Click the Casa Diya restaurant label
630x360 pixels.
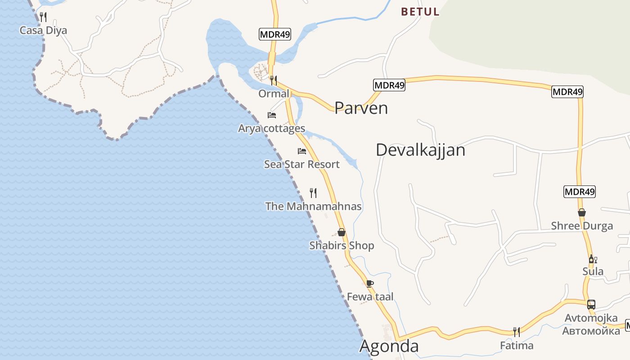pyautogui.click(x=43, y=31)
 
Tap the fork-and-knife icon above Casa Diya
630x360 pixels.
pyautogui.click(x=43, y=17)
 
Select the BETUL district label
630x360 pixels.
pyautogui.click(x=420, y=12)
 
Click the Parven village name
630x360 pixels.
pyautogui.click(x=361, y=108)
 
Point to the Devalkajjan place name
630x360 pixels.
pyautogui.click(x=420, y=150)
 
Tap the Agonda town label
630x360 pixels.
pyautogui.click(x=389, y=346)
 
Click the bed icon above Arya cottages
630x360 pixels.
pyautogui.click(x=272, y=115)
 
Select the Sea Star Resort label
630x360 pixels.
pyautogui.click(x=301, y=164)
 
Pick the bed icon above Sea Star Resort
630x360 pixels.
pyautogui.click(x=302, y=151)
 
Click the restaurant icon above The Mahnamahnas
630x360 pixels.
pyautogui.click(x=314, y=193)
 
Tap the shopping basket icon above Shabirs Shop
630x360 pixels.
pyautogui.click(x=342, y=232)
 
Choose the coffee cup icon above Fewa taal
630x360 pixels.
pyautogui.click(x=370, y=283)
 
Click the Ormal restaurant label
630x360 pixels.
pyautogui.click(x=274, y=94)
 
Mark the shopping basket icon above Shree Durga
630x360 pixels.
pyautogui.click(x=582, y=212)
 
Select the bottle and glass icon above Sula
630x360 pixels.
pyautogui.click(x=593, y=259)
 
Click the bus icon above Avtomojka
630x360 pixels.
pyautogui.click(x=591, y=305)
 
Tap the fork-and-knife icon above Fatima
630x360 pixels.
pyautogui.click(x=517, y=332)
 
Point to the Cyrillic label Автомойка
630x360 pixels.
pyautogui.click(x=591, y=331)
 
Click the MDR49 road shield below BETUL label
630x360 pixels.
pyautogui.click(x=389, y=85)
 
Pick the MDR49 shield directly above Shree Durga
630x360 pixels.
pyautogui.click(x=580, y=192)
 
